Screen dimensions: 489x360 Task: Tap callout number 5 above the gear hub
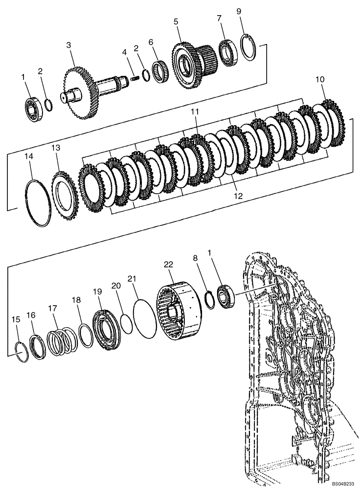click(176, 22)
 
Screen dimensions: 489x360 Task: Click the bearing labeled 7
click(227, 51)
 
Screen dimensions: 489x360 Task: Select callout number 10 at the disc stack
click(320, 79)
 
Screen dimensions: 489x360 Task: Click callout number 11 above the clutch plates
click(195, 112)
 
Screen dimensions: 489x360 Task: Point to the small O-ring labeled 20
click(126, 324)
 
